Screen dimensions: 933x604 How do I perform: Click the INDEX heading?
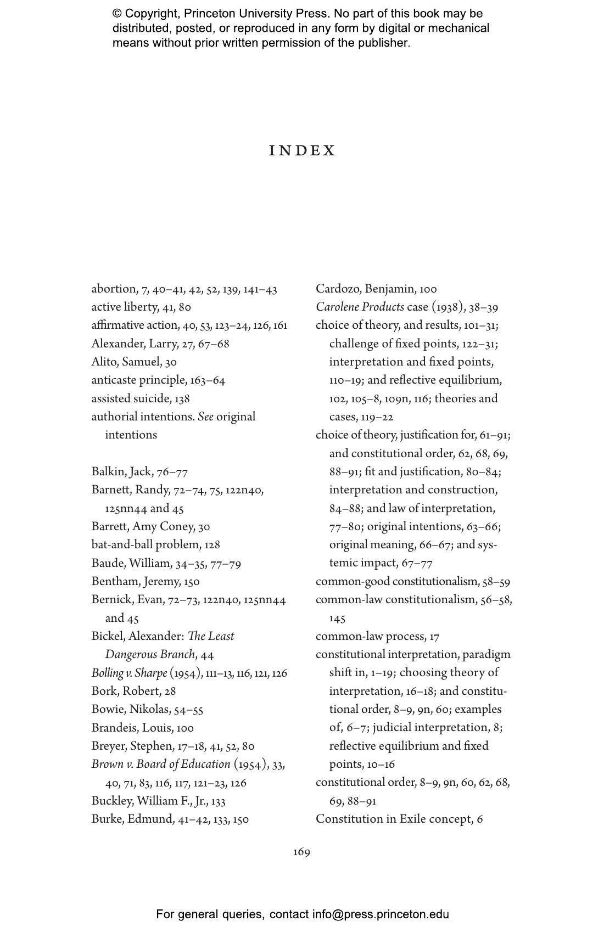pyautogui.click(x=302, y=151)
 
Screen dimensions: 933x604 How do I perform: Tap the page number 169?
pyautogui.click(x=301, y=852)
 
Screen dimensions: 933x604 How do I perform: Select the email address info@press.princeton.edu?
pyautogui.click(x=381, y=914)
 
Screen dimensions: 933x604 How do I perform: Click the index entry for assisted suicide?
pyautogui.click(x=141, y=398)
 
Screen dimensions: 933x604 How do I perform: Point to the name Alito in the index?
pyautogui.click(x=104, y=362)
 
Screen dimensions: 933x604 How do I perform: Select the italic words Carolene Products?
pyautogui.click(x=360, y=307)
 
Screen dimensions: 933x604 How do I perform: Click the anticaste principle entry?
pyautogui.click(x=139, y=380)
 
